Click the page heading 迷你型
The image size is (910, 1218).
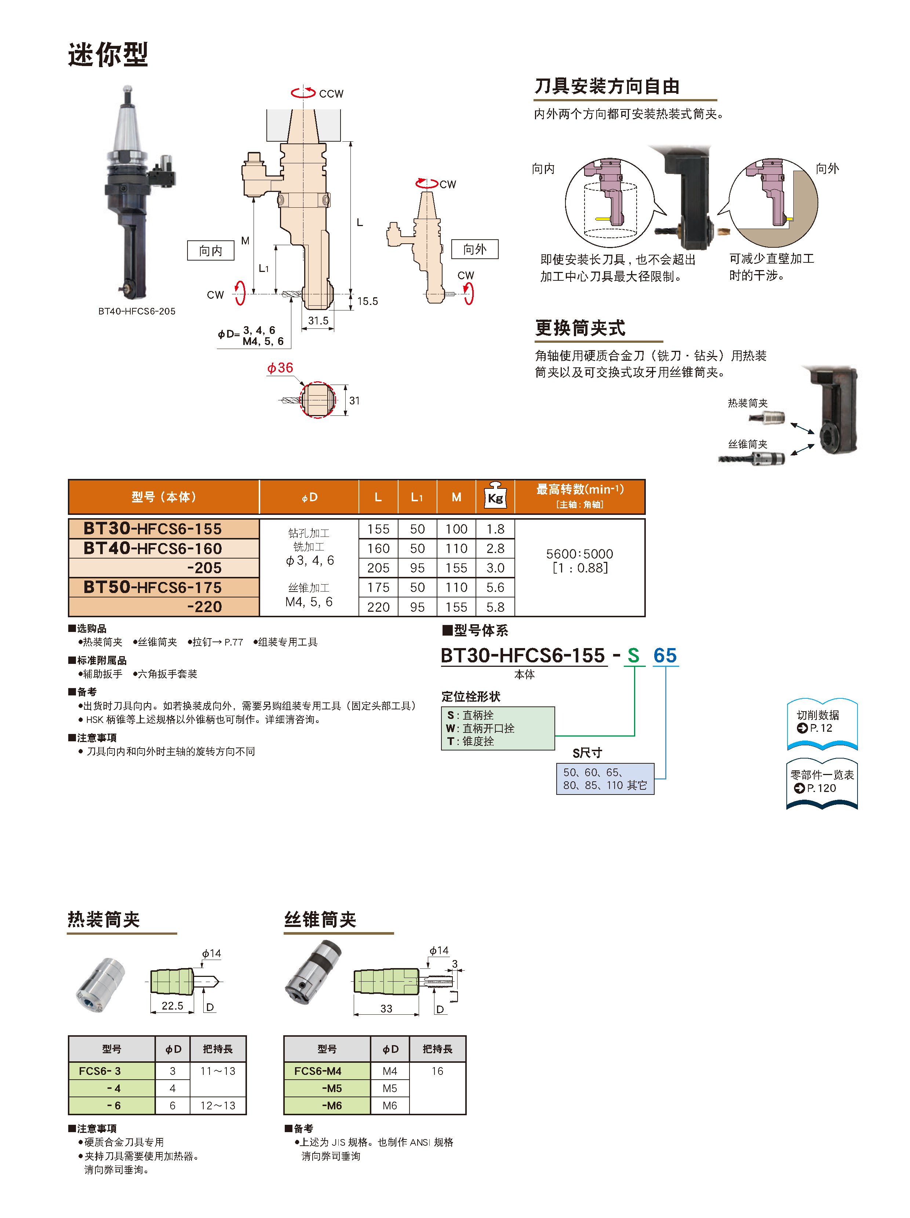108,55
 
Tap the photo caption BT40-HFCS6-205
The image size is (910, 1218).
136,311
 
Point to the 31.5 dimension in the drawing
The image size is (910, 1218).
318,320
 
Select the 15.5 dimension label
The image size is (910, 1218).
367,301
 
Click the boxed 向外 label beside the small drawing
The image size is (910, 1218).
474,250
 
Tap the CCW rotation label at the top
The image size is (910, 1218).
331,94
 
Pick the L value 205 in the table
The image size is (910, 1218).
378,568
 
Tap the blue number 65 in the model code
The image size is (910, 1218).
665,655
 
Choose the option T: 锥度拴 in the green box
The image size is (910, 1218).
471,741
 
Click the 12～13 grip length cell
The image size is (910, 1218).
218,1106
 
